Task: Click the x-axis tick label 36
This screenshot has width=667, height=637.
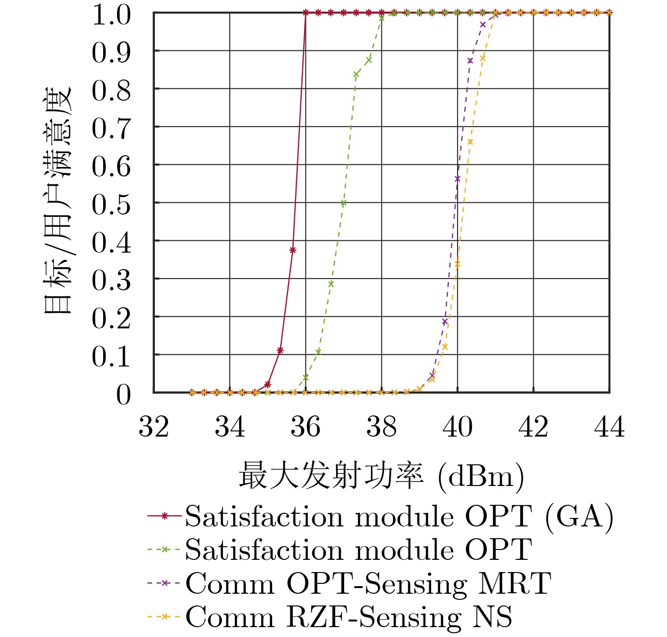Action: (x=305, y=427)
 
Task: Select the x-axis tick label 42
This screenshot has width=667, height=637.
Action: (x=533, y=427)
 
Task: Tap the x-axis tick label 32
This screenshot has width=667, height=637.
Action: (x=153, y=427)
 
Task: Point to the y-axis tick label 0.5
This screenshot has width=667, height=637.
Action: (x=111, y=205)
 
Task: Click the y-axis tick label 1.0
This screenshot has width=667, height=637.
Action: (x=111, y=15)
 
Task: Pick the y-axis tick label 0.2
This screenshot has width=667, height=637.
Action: (x=111, y=318)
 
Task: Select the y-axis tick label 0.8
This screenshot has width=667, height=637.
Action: (x=111, y=90)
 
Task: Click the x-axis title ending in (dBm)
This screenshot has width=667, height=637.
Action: (x=381, y=476)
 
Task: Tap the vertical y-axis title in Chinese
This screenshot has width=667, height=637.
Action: (x=57, y=200)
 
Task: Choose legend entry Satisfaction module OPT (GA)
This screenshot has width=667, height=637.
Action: (x=399, y=517)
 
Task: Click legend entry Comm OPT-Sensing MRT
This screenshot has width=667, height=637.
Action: (x=368, y=583)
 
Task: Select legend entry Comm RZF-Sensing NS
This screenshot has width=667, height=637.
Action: (x=349, y=617)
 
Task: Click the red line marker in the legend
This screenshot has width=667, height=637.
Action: (x=164, y=516)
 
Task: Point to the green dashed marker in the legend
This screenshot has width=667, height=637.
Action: (x=164, y=549)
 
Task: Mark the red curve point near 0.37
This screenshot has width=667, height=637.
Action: (x=293, y=250)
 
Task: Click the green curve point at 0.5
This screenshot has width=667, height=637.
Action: (x=344, y=203)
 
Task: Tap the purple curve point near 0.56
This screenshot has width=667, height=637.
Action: (x=458, y=178)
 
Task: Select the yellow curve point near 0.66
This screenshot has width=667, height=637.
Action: (x=470, y=142)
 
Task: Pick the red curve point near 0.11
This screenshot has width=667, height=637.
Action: (x=280, y=350)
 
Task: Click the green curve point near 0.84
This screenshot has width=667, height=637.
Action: (x=356, y=74)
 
